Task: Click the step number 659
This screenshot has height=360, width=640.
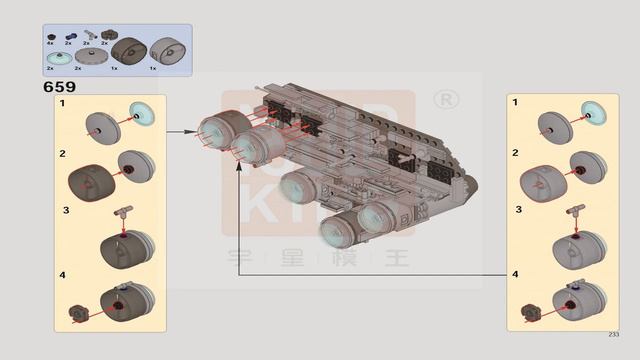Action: pos(60,87)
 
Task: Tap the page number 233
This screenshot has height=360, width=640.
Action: pos(613,335)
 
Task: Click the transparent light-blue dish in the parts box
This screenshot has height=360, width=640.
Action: pos(58,58)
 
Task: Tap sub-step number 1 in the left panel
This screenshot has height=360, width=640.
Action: pos(62,104)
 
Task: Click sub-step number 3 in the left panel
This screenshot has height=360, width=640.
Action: pos(65,210)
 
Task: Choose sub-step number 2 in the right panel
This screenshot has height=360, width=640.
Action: pos(515,153)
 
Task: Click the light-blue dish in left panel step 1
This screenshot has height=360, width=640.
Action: pos(141,113)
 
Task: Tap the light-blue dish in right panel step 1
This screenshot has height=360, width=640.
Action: pos(594,113)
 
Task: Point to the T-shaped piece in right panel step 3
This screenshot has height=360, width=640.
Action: pos(577,211)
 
